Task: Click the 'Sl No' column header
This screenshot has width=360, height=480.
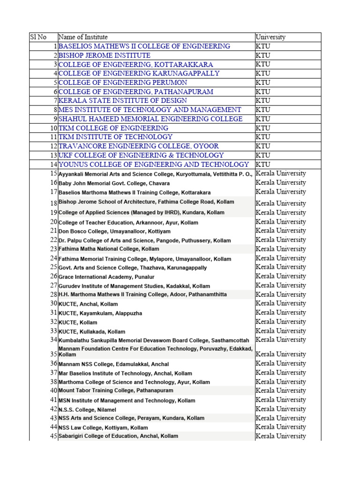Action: [x=38, y=37]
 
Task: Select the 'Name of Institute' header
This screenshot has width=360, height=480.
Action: [x=83, y=37]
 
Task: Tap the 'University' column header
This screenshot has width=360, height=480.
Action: [x=270, y=37]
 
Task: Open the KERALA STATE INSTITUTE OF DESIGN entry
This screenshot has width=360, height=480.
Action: [x=123, y=101]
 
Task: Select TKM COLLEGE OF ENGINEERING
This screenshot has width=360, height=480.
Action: [x=113, y=128]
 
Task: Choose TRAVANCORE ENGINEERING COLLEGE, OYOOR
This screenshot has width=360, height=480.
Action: [x=139, y=146]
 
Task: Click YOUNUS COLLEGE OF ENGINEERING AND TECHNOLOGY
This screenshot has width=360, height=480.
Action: [x=154, y=165]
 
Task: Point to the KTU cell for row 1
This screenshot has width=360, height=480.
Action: [x=263, y=46]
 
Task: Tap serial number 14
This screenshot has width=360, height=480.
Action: [x=52, y=165]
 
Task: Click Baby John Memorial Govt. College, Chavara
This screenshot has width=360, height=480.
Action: [x=114, y=183]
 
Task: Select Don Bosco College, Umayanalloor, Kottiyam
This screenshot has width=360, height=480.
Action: [x=114, y=232]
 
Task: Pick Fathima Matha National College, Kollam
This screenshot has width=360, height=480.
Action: [x=109, y=249]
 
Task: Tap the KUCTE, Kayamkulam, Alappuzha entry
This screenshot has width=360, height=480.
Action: [x=100, y=313]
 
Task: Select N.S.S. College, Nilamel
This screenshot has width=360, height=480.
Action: [x=87, y=410]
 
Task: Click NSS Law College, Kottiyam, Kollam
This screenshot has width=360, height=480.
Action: [x=103, y=427]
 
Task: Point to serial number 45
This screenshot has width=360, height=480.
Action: [x=52, y=436]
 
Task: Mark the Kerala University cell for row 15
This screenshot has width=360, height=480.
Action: [x=281, y=173]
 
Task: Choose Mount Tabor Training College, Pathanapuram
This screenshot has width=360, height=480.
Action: [x=116, y=390]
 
